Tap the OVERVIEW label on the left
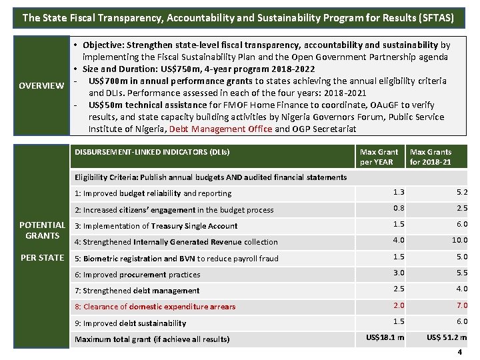41,86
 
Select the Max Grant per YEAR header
379,157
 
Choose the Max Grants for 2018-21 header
430,157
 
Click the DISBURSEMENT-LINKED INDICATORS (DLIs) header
152,152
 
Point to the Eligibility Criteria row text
211,177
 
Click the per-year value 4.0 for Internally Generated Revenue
398,240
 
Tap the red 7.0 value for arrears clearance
461,305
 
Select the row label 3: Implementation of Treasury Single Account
156,226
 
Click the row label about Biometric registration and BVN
177,259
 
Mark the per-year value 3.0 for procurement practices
398,273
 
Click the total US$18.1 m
385,338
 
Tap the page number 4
461,351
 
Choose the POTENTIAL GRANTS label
42,230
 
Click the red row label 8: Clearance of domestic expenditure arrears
155,307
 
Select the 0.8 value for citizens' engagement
398,208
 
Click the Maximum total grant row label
152,339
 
